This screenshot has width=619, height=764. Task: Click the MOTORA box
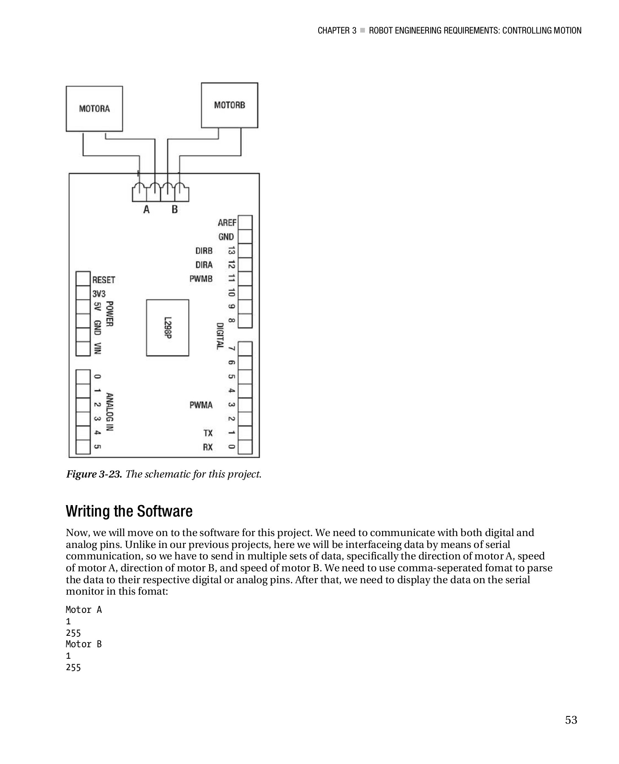(x=94, y=109)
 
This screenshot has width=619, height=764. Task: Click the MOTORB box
(x=229, y=105)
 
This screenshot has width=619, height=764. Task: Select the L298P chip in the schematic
(x=168, y=327)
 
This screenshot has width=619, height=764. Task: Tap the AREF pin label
(x=227, y=223)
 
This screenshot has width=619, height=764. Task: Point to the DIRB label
(x=204, y=251)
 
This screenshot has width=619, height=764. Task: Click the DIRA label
(x=204, y=265)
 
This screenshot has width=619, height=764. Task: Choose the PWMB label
(x=201, y=279)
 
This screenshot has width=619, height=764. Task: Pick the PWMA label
(x=201, y=405)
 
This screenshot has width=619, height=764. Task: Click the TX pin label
(x=208, y=433)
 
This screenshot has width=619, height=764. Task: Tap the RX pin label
(x=208, y=447)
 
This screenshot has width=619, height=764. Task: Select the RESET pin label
(x=104, y=280)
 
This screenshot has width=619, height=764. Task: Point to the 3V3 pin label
(x=99, y=294)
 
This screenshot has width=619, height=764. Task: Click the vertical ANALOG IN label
(x=110, y=412)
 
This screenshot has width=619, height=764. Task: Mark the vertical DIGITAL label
(x=220, y=336)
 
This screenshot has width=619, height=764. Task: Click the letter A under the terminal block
(x=146, y=209)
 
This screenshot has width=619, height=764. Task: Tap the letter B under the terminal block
(x=174, y=209)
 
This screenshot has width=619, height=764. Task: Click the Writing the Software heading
(x=129, y=511)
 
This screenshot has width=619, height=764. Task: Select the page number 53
(x=571, y=720)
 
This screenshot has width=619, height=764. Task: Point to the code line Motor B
(x=84, y=644)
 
